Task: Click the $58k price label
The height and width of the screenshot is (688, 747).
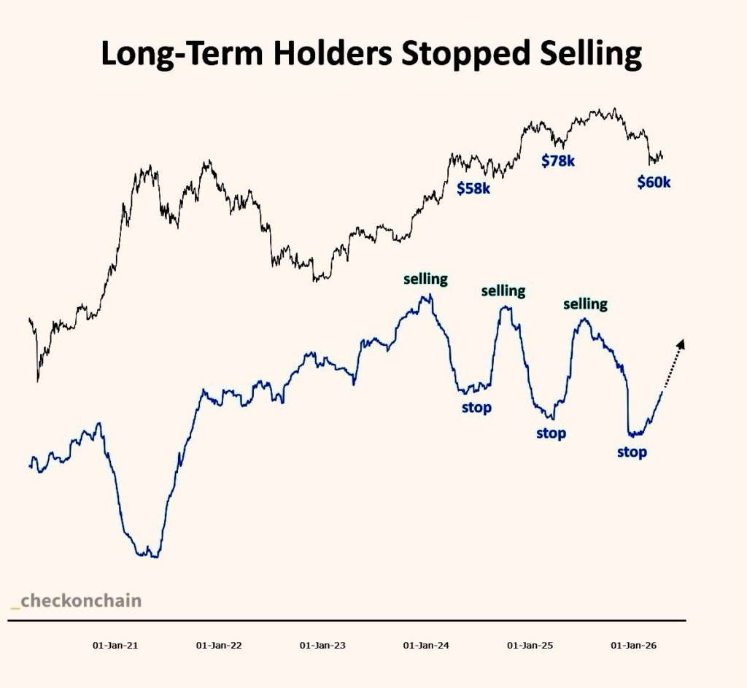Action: pos(473,188)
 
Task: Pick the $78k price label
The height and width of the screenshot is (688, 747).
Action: pos(558,161)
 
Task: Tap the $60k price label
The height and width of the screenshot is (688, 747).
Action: pos(654,182)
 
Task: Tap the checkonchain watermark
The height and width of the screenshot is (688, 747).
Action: pos(77,601)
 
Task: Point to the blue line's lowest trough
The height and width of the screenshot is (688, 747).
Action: pos(149,556)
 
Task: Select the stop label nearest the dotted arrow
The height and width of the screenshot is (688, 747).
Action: pos(632,452)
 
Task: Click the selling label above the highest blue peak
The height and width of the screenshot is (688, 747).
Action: pos(426,278)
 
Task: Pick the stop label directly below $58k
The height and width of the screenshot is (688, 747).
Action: pos(476,407)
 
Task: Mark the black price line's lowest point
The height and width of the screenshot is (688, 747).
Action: pos(36,380)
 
